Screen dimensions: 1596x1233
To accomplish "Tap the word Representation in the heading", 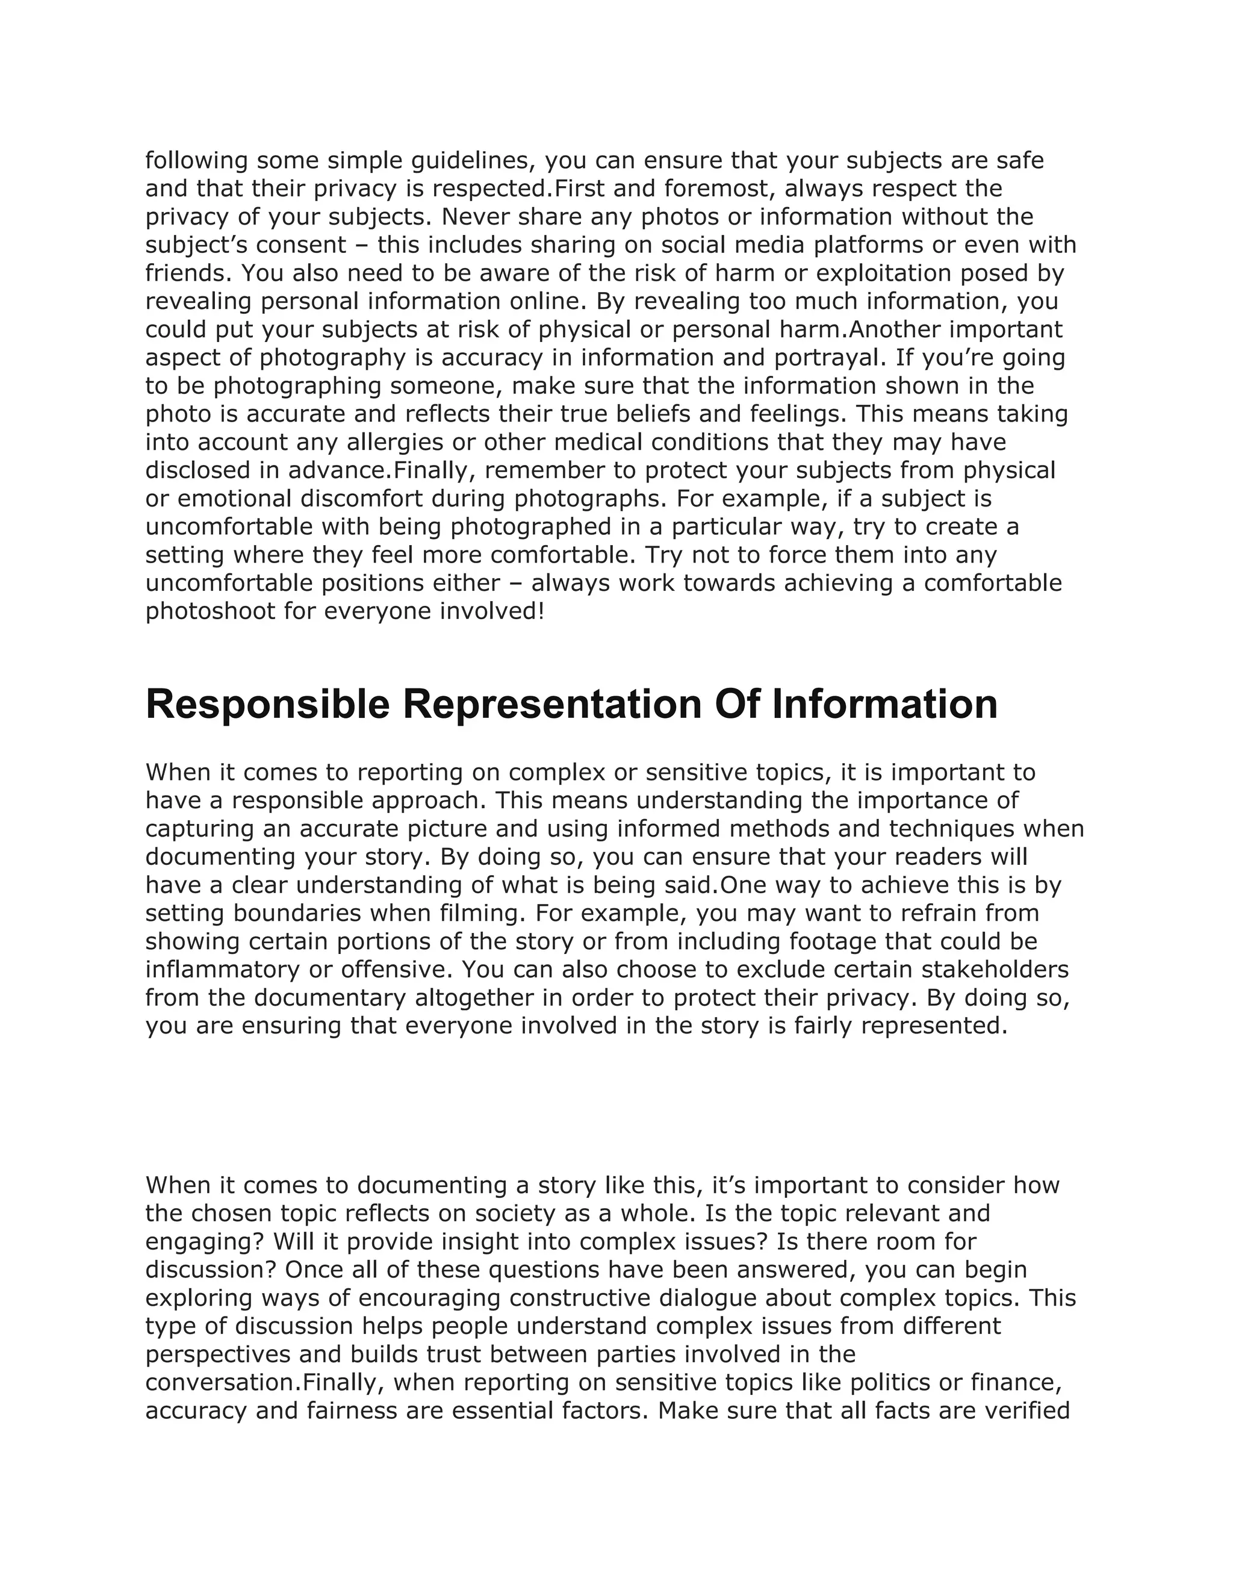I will tap(552, 705).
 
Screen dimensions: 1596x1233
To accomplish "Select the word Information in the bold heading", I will tap(884, 705).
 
